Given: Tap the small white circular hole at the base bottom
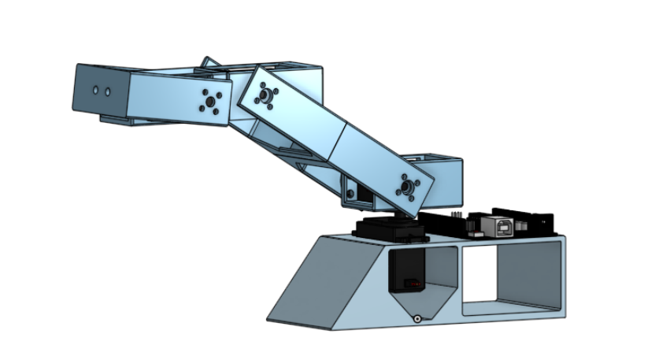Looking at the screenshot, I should (x=416, y=319).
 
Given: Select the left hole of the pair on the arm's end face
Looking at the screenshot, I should (x=95, y=91).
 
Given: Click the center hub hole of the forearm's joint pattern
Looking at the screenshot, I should (x=209, y=101).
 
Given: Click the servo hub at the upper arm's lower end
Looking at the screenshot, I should (x=408, y=187).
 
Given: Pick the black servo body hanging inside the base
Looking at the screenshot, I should (x=407, y=272).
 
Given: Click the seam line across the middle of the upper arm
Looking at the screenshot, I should (x=337, y=142).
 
